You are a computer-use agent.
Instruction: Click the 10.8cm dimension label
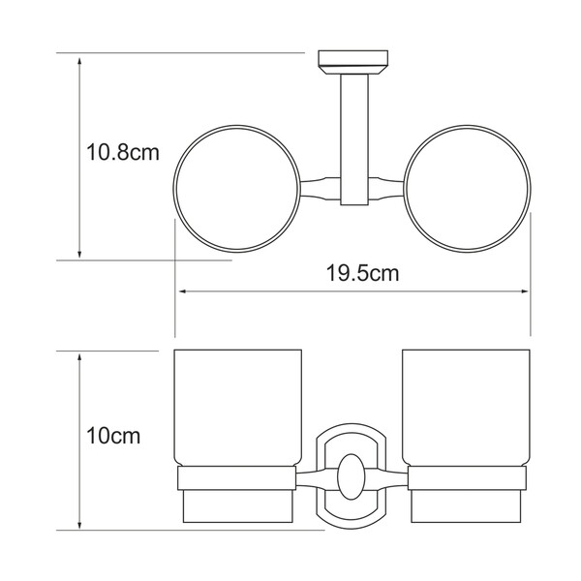click(123, 152)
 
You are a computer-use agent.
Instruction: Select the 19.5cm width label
click(362, 273)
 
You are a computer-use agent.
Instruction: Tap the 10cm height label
click(113, 436)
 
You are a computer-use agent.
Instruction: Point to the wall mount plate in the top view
click(353, 62)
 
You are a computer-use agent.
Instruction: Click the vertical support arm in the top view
click(354, 139)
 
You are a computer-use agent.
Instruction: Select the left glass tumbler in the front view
click(238, 408)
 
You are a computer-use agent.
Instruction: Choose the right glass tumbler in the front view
click(466, 408)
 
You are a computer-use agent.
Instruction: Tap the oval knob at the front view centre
click(352, 476)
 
